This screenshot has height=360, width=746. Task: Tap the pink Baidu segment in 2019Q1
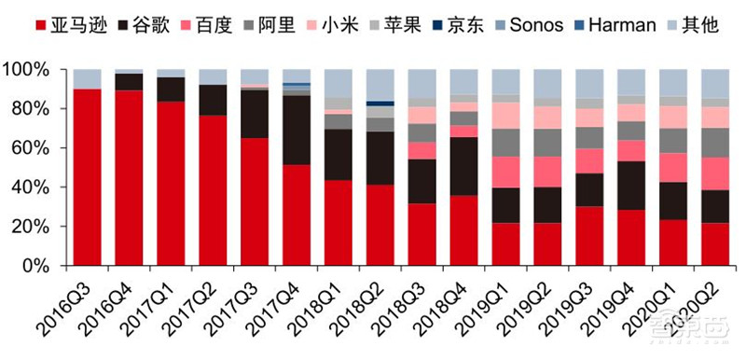(x=506, y=172)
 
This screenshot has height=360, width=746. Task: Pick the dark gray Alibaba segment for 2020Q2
(x=715, y=143)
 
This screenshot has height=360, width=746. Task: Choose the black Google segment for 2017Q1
(x=172, y=90)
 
